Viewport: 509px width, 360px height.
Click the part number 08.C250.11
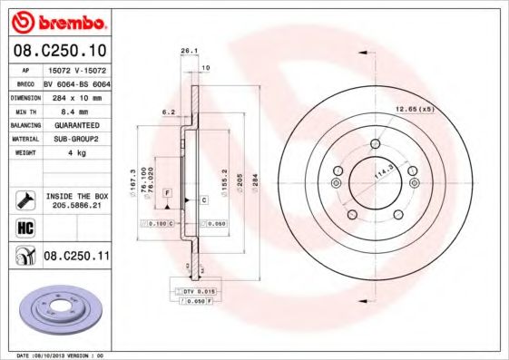point(76,257)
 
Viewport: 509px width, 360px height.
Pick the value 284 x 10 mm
point(76,95)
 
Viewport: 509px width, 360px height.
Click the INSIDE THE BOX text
point(76,196)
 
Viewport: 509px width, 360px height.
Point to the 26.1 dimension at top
point(189,51)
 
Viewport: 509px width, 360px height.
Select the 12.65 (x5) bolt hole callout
point(414,110)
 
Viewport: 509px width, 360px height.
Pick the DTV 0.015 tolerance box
point(192,290)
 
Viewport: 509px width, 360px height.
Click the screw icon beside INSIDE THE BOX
point(24,199)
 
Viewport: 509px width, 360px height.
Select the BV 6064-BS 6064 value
point(76,81)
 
